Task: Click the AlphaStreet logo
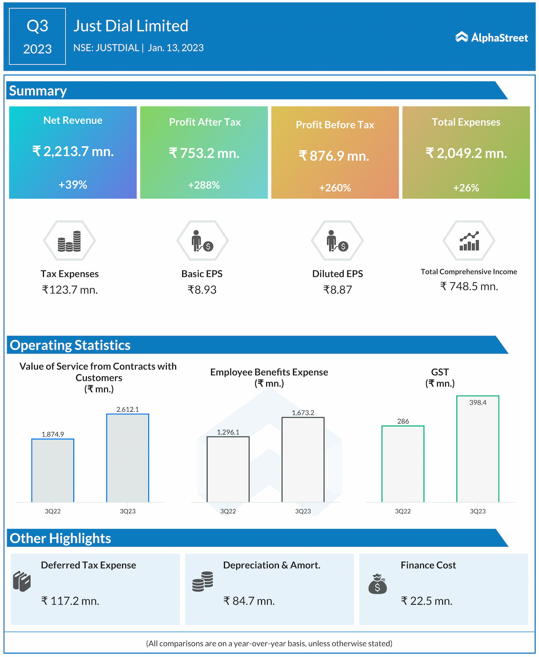(x=491, y=38)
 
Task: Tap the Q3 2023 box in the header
(x=37, y=37)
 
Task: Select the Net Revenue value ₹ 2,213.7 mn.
(x=73, y=151)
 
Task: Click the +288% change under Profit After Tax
(x=204, y=185)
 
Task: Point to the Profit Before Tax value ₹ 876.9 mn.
(x=334, y=156)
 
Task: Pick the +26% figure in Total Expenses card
(x=466, y=188)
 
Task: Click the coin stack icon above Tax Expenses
(x=69, y=241)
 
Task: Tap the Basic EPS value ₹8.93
(x=202, y=290)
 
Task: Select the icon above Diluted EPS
(x=337, y=241)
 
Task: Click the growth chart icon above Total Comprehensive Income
(x=469, y=241)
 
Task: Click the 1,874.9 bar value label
(x=53, y=434)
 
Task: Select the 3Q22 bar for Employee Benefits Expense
(x=228, y=469)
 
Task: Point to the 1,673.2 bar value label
(x=303, y=413)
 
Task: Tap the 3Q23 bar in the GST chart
(x=478, y=449)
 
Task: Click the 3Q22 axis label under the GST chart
(x=403, y=511)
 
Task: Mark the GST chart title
(x=440, y=377)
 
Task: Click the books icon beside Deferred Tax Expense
(x=22, y=582)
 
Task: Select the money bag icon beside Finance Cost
(x=377, y=584)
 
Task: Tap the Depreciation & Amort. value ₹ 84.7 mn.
(x=249, y=601)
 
